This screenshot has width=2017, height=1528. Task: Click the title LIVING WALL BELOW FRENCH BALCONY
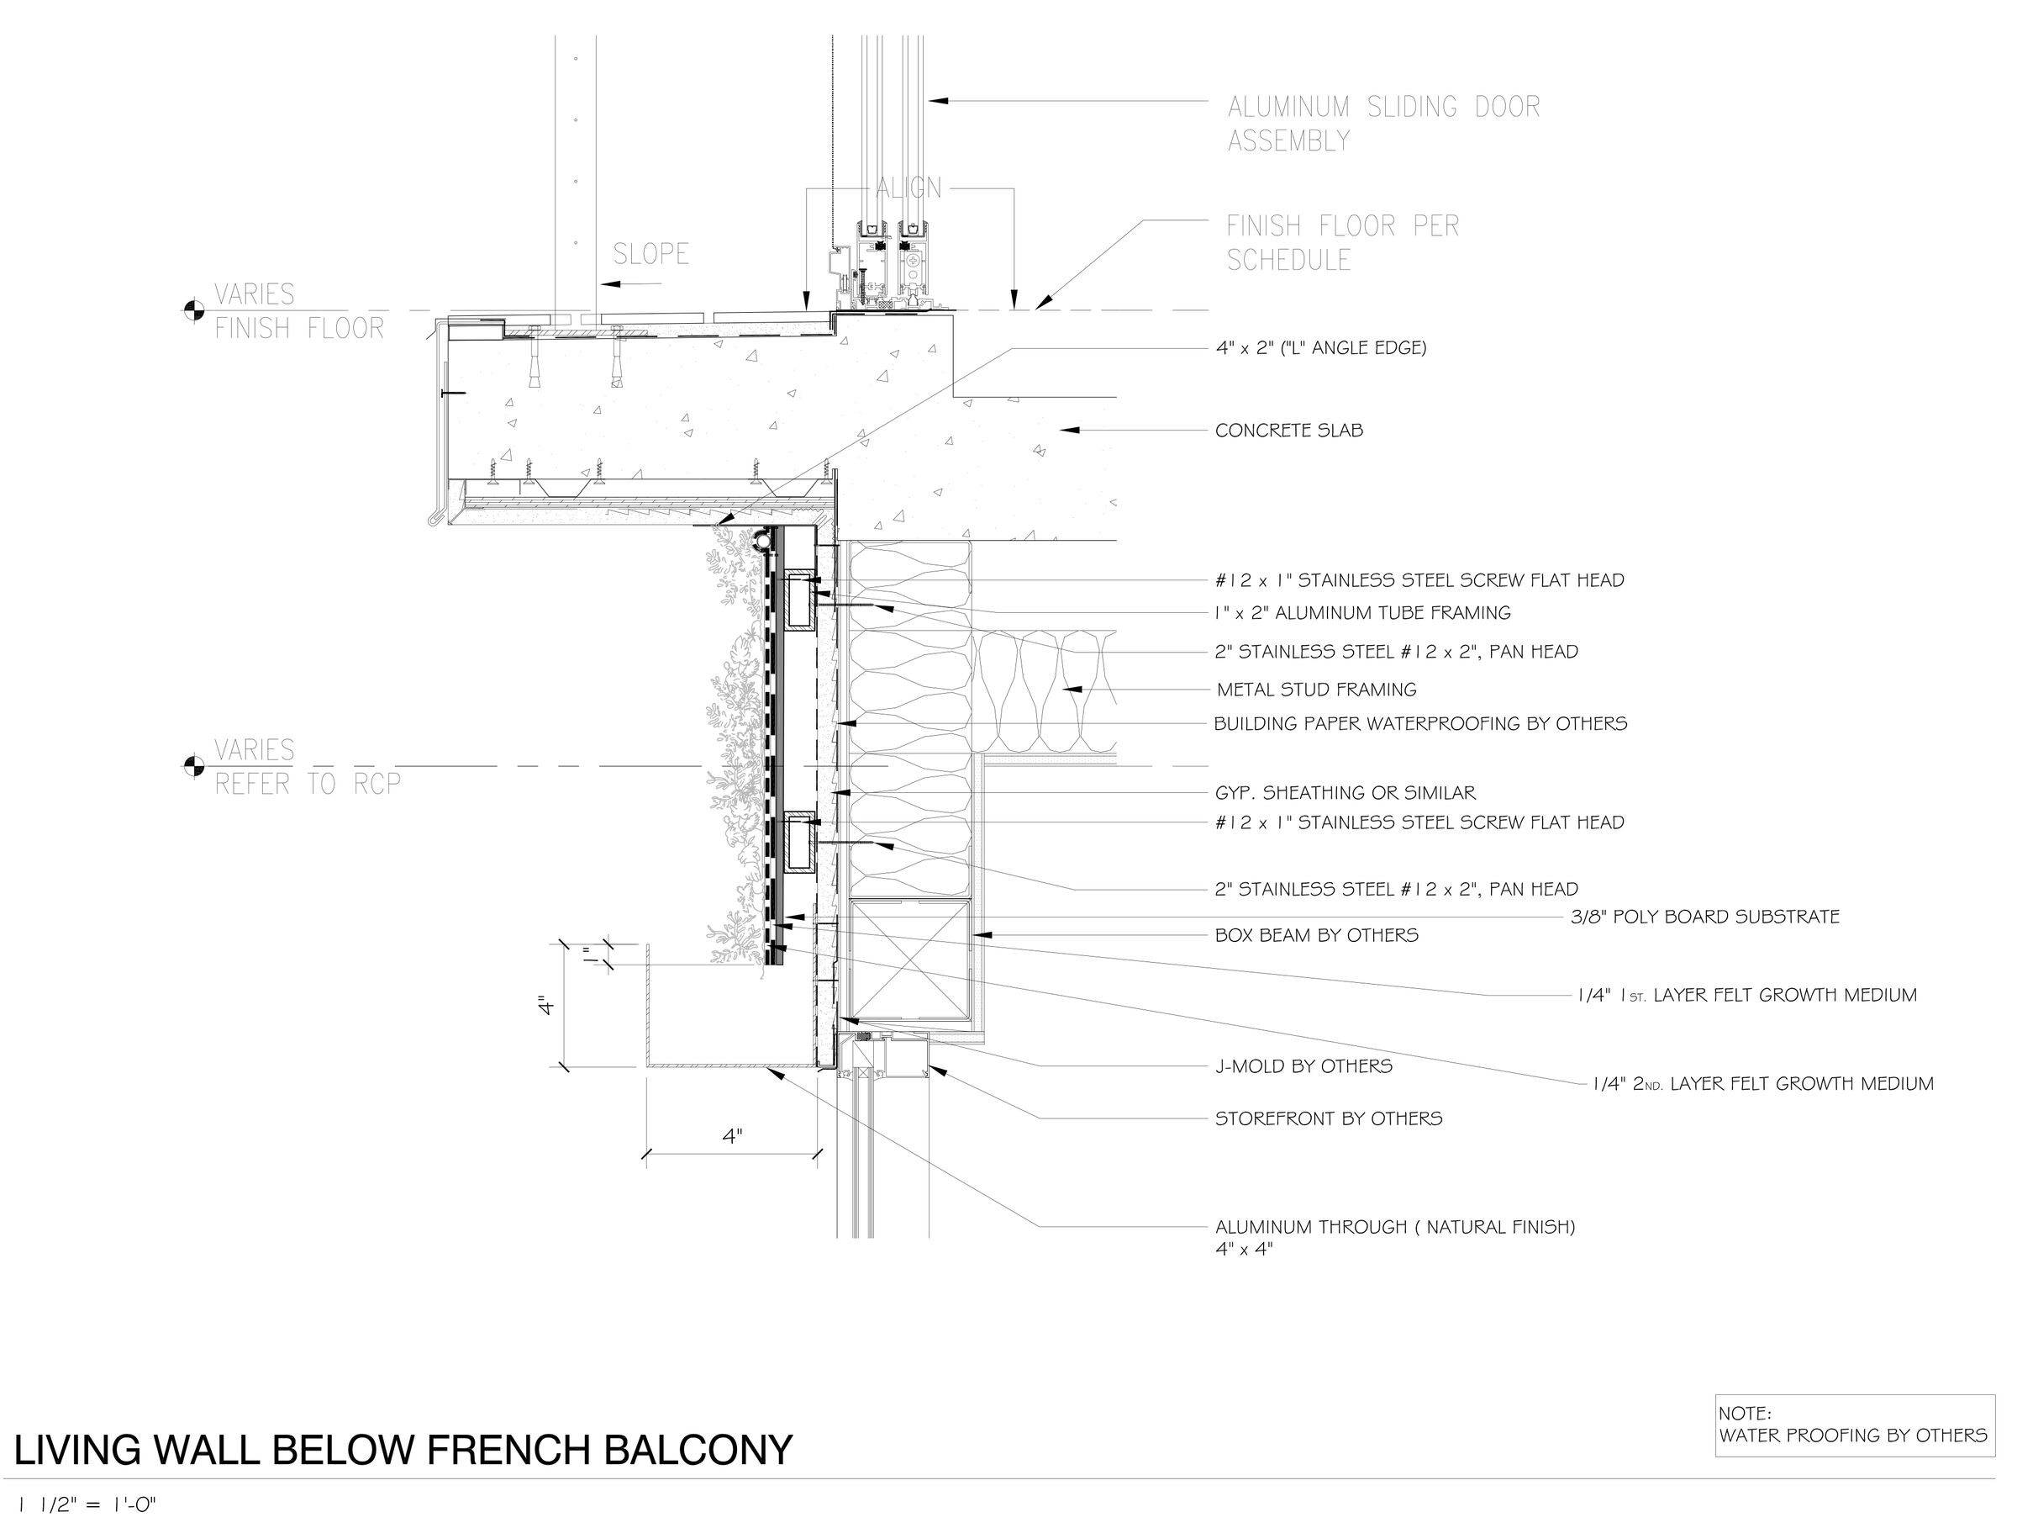pos(403,1451)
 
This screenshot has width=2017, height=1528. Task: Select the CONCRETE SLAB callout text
pos(1288,431)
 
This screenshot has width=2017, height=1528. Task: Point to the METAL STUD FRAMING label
pos(1316,690)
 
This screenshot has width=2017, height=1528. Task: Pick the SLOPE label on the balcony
pos(650,254)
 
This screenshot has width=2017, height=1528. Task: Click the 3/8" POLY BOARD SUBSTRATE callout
pos(1704,917)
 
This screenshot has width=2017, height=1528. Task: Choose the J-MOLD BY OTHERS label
pos(1303,1065)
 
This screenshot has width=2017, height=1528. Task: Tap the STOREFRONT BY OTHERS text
pos(1328,1118)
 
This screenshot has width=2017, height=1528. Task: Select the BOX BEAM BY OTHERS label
pos(1316,935)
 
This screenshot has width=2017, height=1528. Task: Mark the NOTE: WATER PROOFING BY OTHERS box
pos(1854,1425)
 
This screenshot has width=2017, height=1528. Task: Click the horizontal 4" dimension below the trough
pos(732,1136)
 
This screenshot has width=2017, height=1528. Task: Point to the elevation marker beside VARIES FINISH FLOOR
pos(193,311)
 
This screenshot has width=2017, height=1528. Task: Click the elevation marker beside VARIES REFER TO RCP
pos(193,766)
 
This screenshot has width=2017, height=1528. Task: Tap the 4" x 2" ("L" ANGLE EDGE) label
pos(1320,347)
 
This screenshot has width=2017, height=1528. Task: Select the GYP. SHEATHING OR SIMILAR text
pos(1344,794)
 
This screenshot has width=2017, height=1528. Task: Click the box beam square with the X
pos(908,958)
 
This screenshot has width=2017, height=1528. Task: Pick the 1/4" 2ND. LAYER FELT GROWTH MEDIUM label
pos(1762,1084)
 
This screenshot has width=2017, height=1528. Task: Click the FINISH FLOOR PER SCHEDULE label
pos(1342,243)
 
